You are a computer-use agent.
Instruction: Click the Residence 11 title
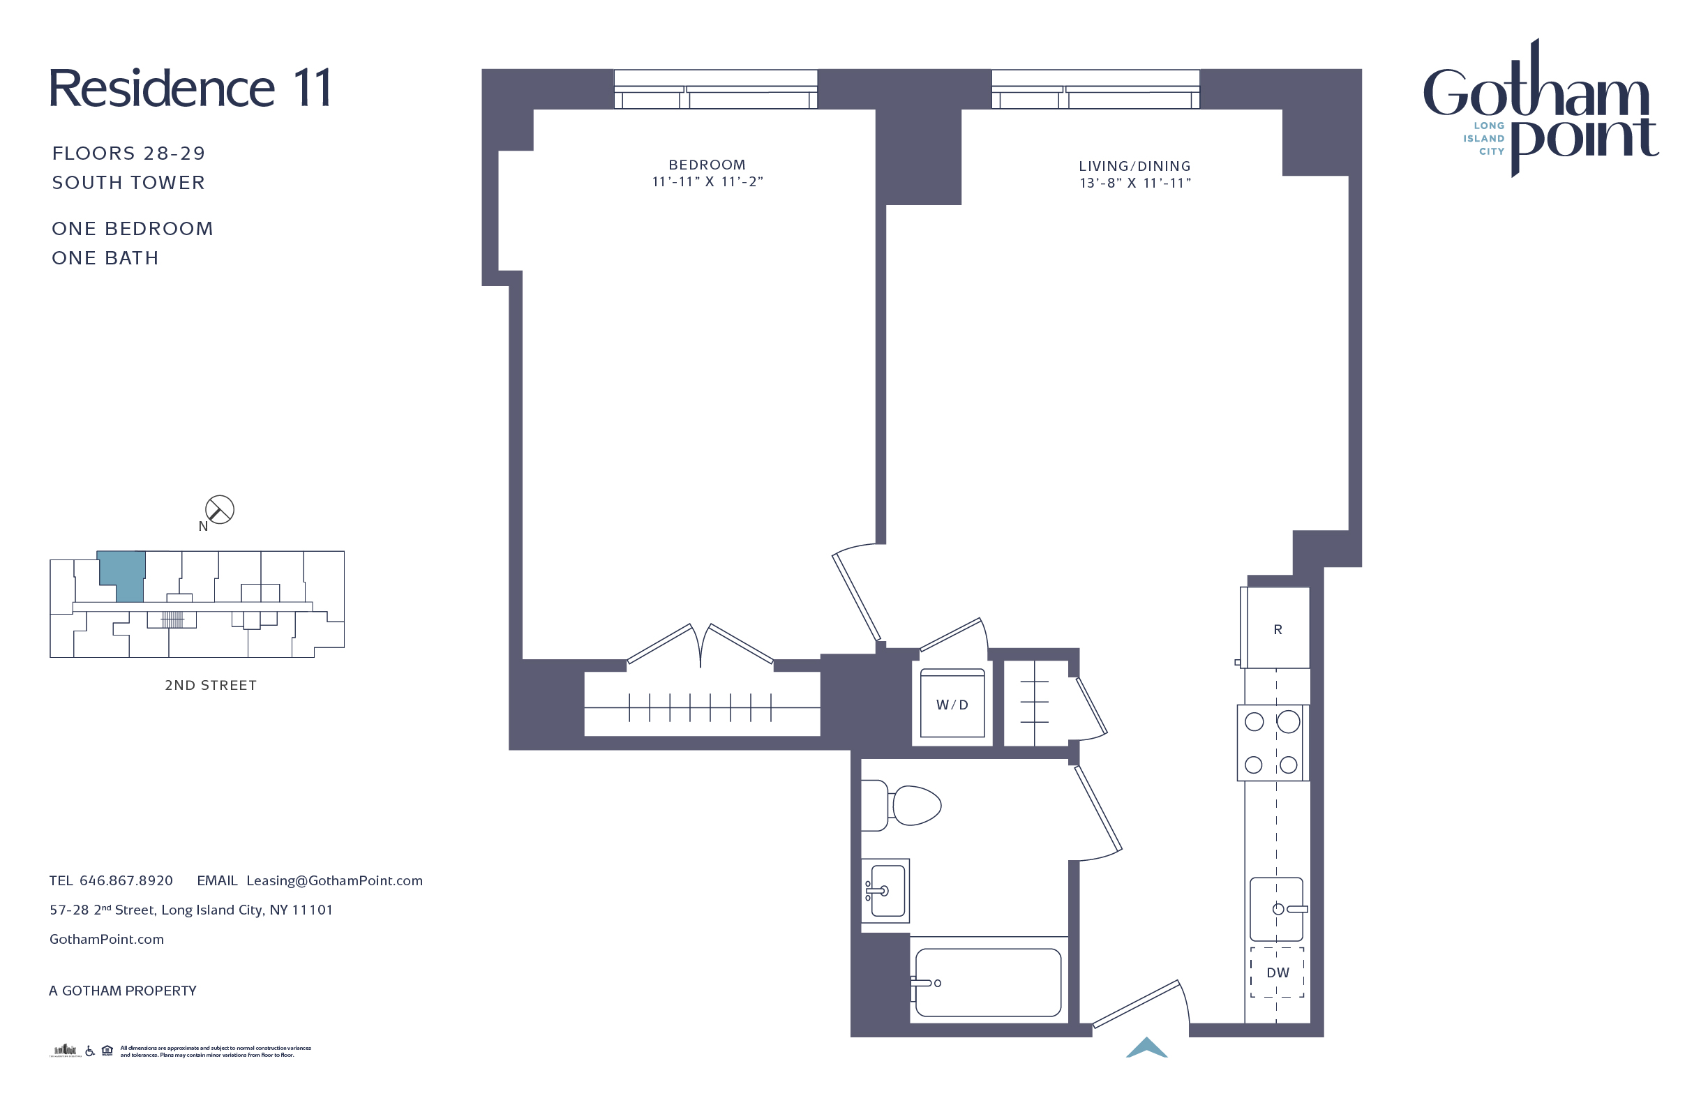(190, 89)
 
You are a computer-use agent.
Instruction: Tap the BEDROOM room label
(707, 165)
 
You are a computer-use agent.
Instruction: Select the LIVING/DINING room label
(1134, 167)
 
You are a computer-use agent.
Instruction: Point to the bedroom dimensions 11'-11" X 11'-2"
(707, 182)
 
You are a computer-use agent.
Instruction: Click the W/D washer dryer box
(952, 704)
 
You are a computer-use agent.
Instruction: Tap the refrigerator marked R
(1278, 629)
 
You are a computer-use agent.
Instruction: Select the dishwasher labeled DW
(1278, 972)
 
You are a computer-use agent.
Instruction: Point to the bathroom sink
(885, 890)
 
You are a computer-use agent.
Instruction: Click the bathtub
(987, 982)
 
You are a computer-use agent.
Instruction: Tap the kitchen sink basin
(1275, 909)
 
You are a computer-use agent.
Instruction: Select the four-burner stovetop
(1272, 743)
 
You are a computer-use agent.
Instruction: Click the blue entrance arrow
(1146, 1048)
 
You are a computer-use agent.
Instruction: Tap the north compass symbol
(219, 510)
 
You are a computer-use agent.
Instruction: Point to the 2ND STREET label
(210, 685)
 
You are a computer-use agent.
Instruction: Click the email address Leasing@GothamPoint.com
(334, 880)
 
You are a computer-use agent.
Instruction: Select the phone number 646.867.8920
(126, 880)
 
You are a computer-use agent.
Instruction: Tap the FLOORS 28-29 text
(128, 153)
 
